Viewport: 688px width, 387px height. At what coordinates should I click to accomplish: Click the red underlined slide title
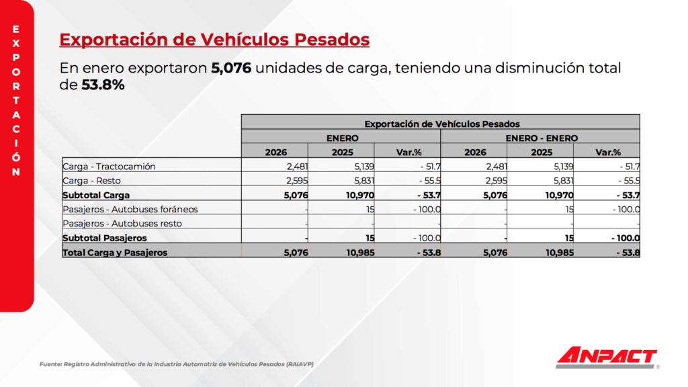[214, 40]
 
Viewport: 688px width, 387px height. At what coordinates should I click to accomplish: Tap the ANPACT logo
[606, 357]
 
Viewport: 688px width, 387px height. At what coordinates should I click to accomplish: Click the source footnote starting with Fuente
[177, 364]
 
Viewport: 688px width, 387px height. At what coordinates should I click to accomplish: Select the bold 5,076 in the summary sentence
[231, 69]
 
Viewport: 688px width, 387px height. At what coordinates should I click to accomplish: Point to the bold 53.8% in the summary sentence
[103, 85]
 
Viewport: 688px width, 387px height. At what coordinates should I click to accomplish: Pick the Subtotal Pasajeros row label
[104, 238]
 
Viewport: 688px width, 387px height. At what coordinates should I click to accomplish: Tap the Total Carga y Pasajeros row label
[115, 253]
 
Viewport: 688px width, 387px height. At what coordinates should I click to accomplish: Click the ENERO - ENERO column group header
[541, 138]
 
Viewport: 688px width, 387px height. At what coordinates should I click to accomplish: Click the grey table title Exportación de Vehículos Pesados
[441, 124]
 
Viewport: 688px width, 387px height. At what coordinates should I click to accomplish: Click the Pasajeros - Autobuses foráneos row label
[130, 209]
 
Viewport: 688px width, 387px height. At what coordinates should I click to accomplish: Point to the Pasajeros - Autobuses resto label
[122, 223]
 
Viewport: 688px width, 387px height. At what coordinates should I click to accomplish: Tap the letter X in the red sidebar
[16, 42]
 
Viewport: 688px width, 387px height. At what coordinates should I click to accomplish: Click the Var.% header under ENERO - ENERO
[608, 152]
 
